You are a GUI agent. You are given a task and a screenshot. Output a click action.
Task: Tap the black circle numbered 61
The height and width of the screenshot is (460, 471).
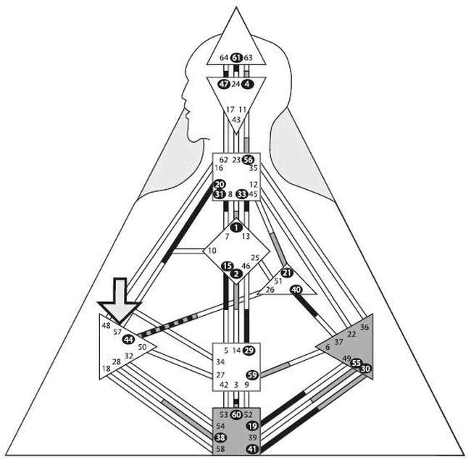click(x=236, y=58)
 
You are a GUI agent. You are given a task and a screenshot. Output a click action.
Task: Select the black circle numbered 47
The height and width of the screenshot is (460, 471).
click(x=224, y=84)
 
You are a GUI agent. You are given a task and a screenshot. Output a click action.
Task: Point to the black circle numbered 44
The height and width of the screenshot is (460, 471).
click(x=128, y=339)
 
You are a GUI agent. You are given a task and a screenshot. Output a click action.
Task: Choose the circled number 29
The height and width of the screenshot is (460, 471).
click(x=249, y=351)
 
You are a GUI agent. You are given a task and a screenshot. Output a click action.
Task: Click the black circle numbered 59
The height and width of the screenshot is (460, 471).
click(x=252, y=375)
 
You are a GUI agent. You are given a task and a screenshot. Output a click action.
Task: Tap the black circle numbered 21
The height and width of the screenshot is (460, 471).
click(x=286, y=272)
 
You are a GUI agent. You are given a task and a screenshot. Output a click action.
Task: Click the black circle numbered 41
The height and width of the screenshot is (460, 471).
click(x=251, y=450)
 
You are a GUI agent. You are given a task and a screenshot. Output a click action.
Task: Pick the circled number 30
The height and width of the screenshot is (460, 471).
click(x=365, y=369)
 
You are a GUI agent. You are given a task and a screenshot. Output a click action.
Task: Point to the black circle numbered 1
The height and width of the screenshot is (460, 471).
click(x=236, y=226)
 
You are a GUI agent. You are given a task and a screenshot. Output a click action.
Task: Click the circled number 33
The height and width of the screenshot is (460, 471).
click(x=241, y=193)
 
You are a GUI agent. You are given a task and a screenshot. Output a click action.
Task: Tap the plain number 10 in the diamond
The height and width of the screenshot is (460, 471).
click(x=212, y=251)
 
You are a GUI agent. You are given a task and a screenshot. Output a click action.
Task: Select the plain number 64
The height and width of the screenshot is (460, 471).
click(x=223, y=58)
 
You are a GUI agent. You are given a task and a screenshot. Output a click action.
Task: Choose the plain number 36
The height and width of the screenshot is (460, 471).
click(x=364, y=327)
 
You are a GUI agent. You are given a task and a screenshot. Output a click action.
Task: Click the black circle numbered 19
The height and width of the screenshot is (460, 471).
click(x=252, y=426)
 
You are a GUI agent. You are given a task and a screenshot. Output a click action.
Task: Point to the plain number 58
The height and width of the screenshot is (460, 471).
click(x=220, y=450)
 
